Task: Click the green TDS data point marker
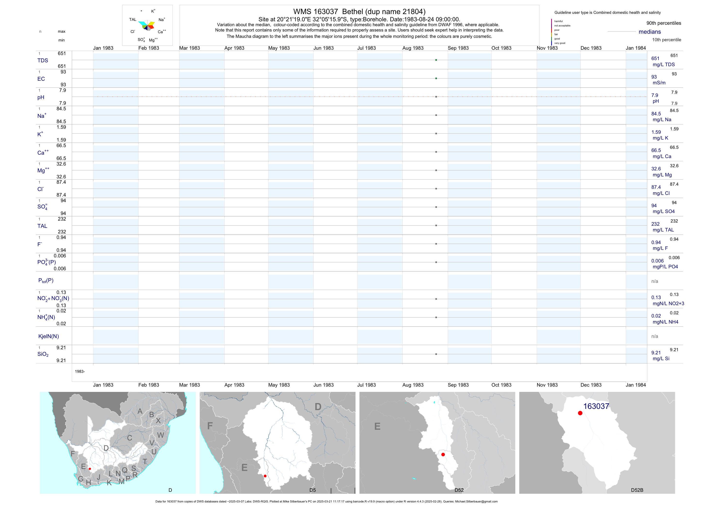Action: pos(436,60)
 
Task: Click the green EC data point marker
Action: pos(436,78)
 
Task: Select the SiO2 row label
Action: pos(43,354)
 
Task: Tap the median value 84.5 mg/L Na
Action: pos(656,114)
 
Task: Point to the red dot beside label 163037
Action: pos(580,413)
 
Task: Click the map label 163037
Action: pos(596,406)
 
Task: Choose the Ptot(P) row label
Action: pos(46,280)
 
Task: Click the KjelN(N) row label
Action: pos(48,336)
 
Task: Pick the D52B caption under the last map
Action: pos(637,490)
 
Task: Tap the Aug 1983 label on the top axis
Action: pos(413,48)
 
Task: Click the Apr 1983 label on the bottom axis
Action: pos(234,385)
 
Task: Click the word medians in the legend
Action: pos(649,32)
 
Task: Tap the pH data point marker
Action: pos(436,97)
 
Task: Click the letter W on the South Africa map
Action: pos(160,435)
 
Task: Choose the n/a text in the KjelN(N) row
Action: pos(655,336)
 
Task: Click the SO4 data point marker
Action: pos(436,207)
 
